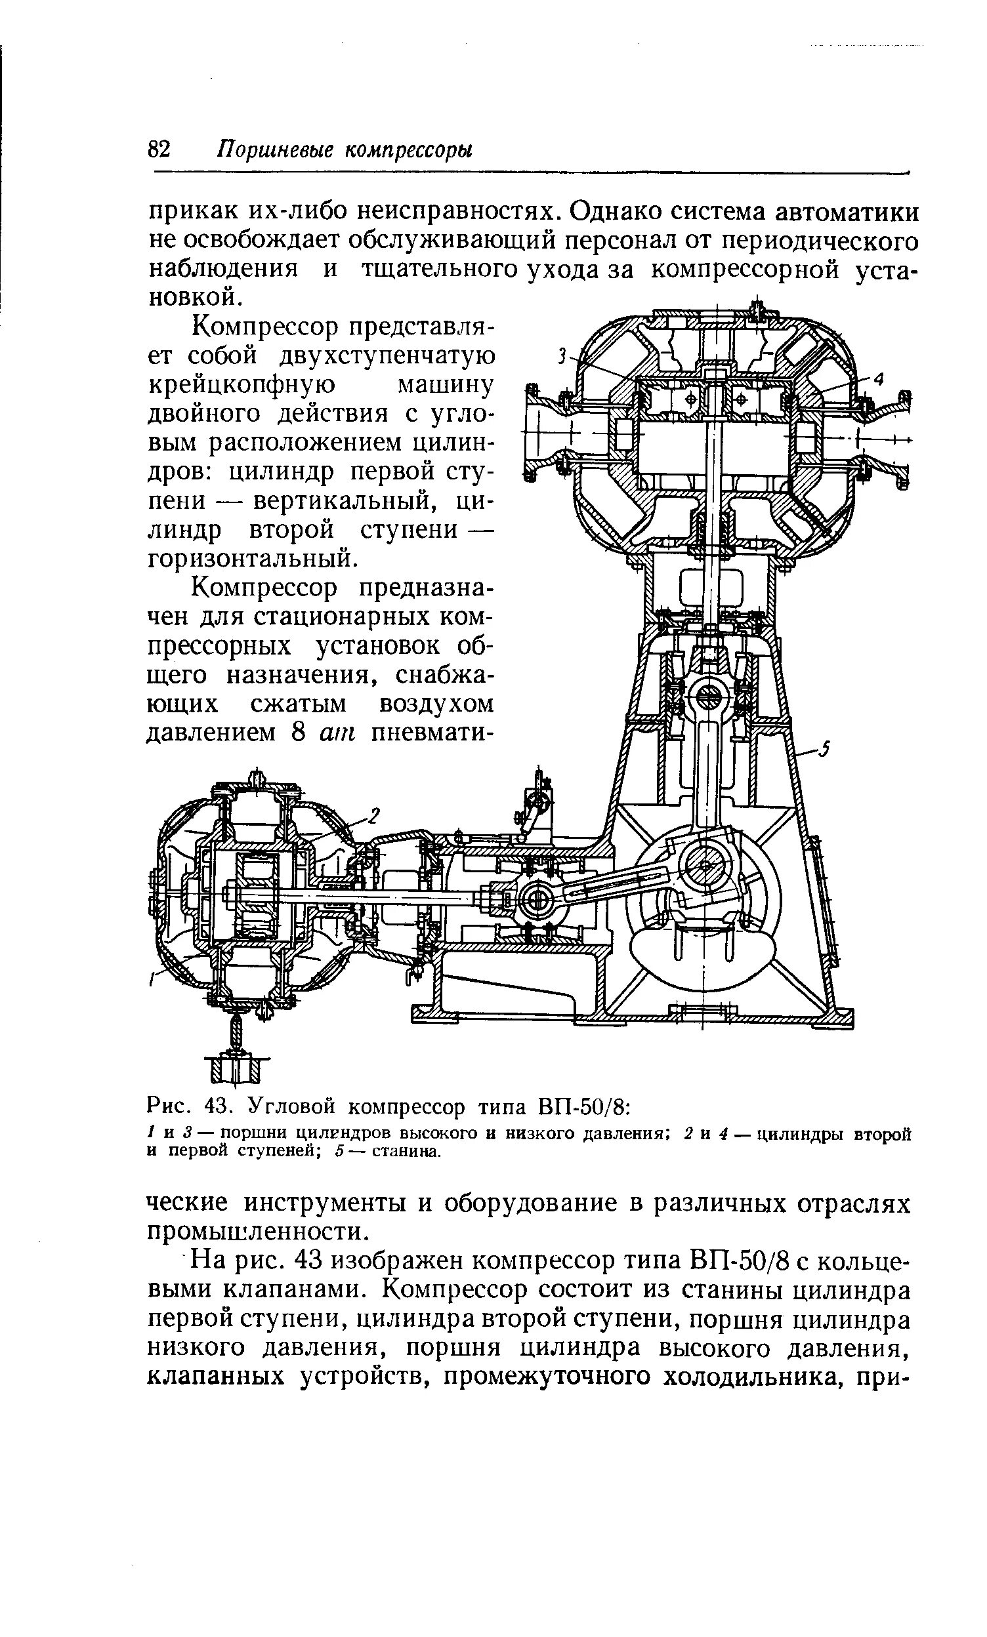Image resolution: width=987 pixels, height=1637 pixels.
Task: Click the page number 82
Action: [x=159, y=149]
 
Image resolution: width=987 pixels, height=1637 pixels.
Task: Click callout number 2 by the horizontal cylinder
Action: [x=373, y=815]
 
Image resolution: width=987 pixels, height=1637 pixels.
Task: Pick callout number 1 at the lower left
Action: [x=152, y=979]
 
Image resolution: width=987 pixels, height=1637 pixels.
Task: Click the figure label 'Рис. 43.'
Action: [x=187, y=1108]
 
